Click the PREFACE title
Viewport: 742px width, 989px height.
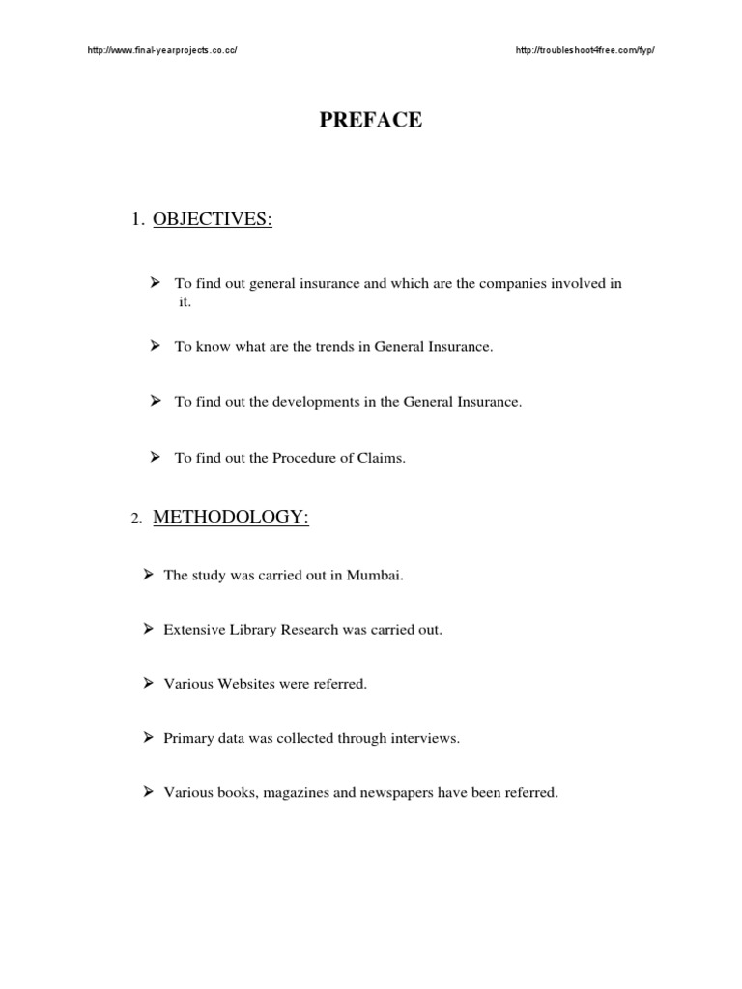371,121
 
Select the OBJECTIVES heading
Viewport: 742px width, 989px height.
214,220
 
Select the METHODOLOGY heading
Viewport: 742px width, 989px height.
231,518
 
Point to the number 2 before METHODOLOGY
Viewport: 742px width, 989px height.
136,520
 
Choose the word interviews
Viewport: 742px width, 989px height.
424,739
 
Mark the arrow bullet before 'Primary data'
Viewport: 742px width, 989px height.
149,738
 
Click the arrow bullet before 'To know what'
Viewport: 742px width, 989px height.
155,345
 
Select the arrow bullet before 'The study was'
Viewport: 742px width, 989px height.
149,574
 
